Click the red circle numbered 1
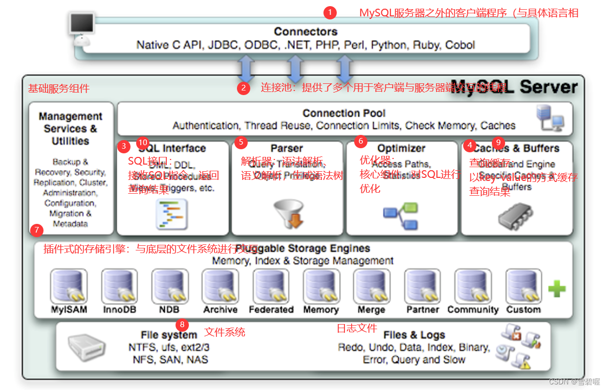pos(330,12)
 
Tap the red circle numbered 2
pos(244,88)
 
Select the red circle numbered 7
pos(36,230)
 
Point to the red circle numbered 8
pos(182,325)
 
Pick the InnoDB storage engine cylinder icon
pos(119,287)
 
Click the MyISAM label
pos(69,310)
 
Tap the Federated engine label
pos(271,310)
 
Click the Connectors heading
pos(306,32)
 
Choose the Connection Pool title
pos(344,113)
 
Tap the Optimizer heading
pos(401,148)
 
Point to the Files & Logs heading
pos(414,335)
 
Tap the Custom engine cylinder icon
pos(523,287)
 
